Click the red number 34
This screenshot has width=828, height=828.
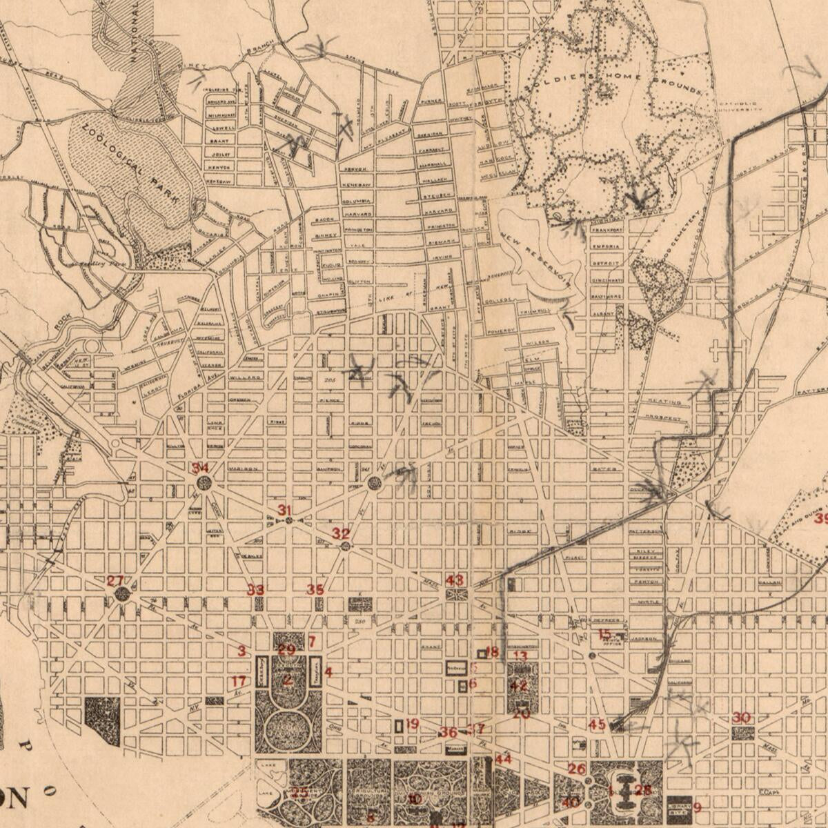tap(200, 469)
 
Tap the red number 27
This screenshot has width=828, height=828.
tap(115, 581)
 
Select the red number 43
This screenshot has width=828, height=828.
tap(455, 580)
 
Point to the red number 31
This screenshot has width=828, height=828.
tap(285, 510)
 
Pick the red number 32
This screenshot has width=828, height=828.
tap(341, 533)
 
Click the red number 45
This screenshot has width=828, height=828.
tap(597, 724)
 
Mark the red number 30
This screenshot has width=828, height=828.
tap(742, 718)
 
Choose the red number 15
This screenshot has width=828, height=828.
tap(604, 634)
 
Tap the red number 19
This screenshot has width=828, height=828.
tap(412, 724)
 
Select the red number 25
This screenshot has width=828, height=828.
tap(299, 793)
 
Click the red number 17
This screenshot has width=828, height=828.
tap(239, 682)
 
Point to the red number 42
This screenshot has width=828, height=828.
tap(519, 686)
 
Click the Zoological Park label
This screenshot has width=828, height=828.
tap(132, 163)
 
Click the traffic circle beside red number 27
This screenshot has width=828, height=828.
tap(123, 594)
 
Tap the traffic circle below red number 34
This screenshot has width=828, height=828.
tap(204, 483)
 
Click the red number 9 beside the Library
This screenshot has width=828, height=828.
tap(697, 807)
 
